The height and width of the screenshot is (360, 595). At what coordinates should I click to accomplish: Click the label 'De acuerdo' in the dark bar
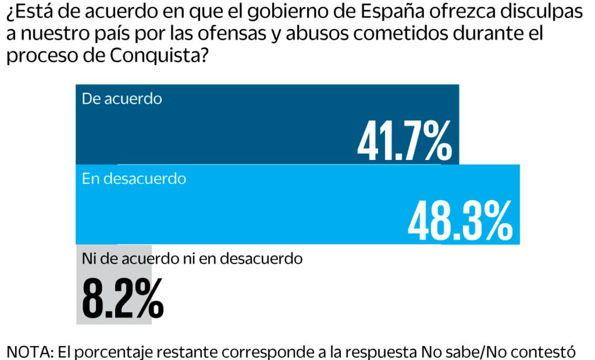pos(122,99)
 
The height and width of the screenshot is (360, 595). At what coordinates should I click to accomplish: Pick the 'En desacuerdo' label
pos(134,179)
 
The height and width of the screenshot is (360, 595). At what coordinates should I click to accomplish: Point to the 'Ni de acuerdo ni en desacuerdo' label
pos(191,258)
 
